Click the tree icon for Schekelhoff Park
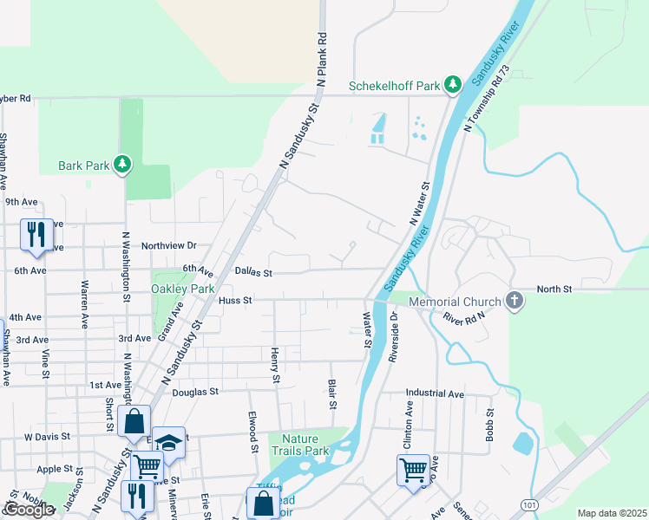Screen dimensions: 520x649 (451, 84)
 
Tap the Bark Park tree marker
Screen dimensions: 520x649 (122, 164)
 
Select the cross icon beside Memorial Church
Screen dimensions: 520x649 (515, 301)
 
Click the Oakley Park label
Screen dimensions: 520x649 (182, 288)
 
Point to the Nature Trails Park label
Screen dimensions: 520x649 (299, 445)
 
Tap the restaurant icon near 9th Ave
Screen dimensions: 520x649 (36, 234)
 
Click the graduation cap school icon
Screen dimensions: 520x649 (168, 442)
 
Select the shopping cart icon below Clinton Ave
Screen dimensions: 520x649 (414, 470)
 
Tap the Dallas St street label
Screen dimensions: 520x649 (254, 272)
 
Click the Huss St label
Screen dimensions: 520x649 (235, 301)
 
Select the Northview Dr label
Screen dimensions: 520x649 (169, 246)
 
